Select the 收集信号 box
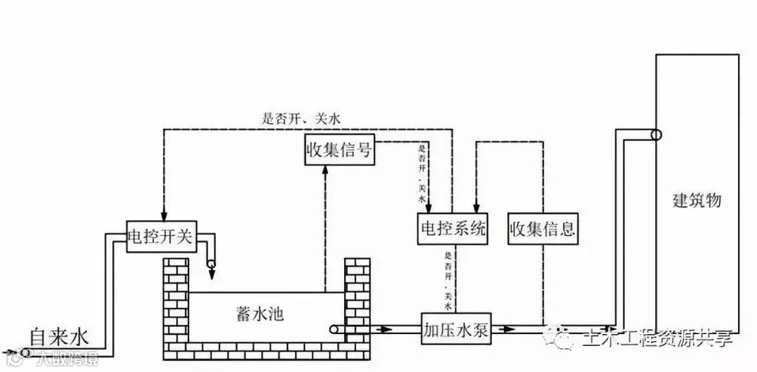click(x=339, y=150)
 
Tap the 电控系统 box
click(x=451, y=229)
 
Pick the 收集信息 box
click(x=544, y=229)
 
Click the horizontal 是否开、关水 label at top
click(x=301, y=119)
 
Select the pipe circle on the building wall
click(x=655, y=135)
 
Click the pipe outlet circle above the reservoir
click(x=212, y=266)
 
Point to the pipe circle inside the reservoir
click(x=334, y=328)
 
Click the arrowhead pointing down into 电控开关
click(x=163, y=215)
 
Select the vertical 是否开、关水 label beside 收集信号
click(x=422, y=173)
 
